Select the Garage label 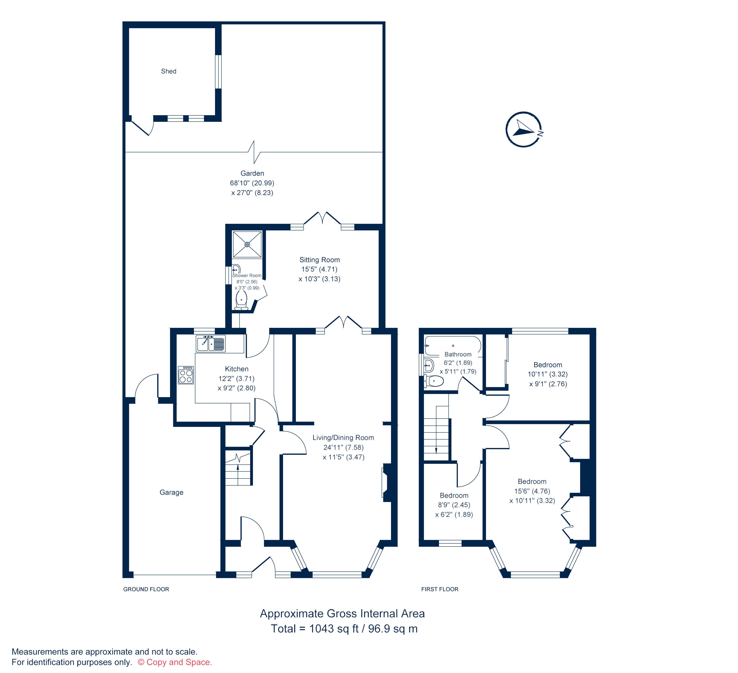pos(171,492)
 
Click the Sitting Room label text pos(320,260)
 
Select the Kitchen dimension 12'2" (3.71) pos(236,378)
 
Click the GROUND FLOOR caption pos(146,589)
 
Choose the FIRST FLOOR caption pos(440,589)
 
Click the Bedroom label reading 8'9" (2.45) pos(454,505)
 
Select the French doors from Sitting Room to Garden pos(322,218)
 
